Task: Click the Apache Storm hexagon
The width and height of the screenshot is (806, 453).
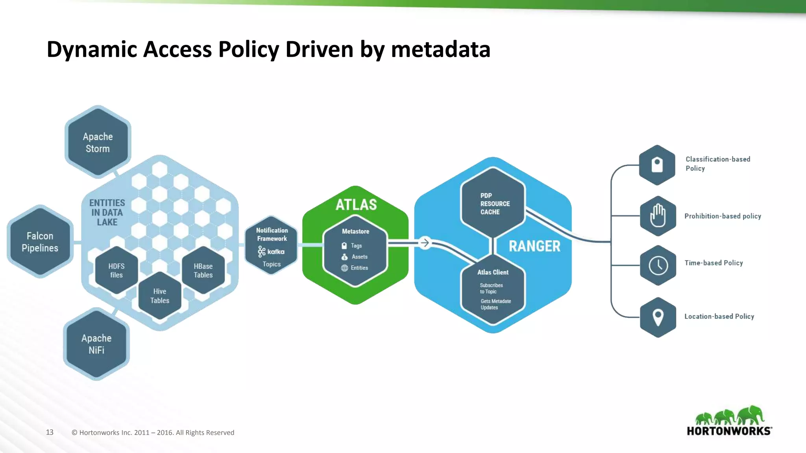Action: tap(98, 142)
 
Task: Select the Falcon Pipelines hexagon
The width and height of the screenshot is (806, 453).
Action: tap(40, 241)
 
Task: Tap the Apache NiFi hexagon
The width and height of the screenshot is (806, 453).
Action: tap(96, 344)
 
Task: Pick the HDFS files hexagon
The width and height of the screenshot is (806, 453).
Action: tap(116, 270)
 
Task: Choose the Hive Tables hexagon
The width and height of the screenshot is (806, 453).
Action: tap(160, 296)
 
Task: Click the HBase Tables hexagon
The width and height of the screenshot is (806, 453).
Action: tap(203, 270)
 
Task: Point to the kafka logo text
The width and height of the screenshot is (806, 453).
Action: tap(275, 252)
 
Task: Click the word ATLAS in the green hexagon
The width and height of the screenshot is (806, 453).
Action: tap(356, 205)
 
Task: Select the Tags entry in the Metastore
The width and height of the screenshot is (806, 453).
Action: tap(356, 246)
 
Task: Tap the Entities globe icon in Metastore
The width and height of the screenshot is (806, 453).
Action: tap(344, 268)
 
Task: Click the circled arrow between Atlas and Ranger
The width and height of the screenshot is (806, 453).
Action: tap(425, 243)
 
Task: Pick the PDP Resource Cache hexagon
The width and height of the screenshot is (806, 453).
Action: tap(493, 203)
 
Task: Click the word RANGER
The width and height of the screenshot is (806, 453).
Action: tap(534, 246)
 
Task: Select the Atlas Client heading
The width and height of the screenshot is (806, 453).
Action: tap(493, 272)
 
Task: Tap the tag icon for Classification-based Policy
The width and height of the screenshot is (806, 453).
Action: tap(657, 165)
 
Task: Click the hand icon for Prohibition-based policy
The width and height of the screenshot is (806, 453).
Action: tap(658, 216)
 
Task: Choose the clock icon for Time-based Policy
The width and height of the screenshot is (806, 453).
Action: tap(658, 265)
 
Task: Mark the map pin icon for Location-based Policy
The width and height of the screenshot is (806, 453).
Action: tap(658, 317)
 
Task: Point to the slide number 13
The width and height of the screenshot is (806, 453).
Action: tap(50, 432)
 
